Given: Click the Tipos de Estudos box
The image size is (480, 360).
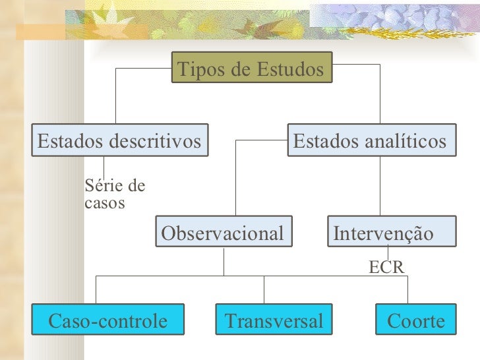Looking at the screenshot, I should [251, 69].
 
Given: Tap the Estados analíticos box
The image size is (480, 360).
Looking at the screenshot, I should [371, 140].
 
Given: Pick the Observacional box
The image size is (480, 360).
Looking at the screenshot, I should [224, 233].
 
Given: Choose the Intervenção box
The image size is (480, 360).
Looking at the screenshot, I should [391, 233].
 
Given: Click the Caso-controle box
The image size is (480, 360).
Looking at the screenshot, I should [108, 321].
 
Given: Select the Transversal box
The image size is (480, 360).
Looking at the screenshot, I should [274, 321].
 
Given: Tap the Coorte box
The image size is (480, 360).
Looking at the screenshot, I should [415, 321].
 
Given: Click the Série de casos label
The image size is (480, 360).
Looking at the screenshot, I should [114, 195].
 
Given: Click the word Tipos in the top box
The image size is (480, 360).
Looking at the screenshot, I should [196, 69].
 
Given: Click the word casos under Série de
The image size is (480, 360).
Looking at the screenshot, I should [104, 203].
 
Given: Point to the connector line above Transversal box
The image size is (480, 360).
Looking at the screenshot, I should [264, 289].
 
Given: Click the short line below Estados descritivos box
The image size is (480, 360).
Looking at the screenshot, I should [104, 166].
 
